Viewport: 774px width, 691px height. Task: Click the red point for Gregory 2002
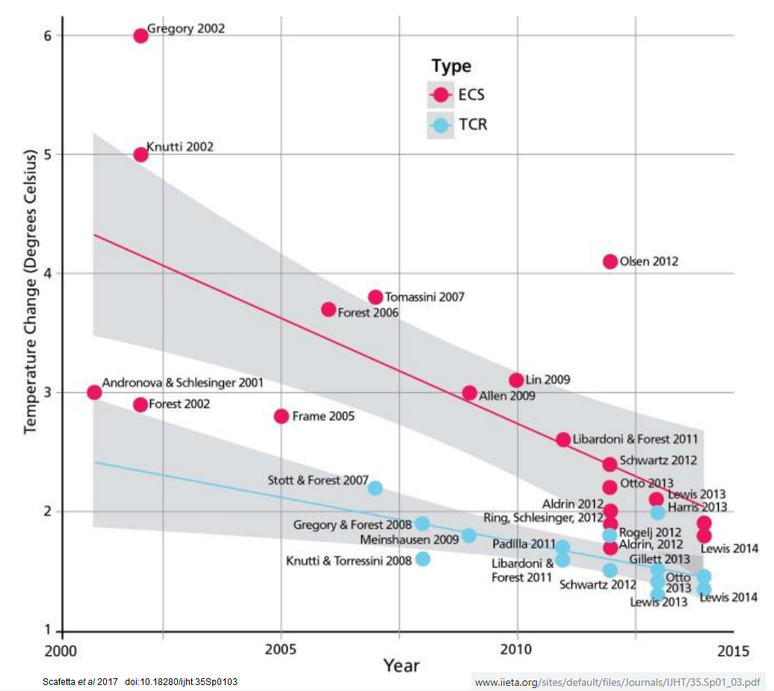click(140, 36)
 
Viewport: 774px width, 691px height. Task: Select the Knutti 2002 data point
click(140, 155)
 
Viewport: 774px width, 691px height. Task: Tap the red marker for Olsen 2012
click(610, 261)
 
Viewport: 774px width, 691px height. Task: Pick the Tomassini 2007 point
click(375, 297)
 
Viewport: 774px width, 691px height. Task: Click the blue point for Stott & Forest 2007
click(375, 488)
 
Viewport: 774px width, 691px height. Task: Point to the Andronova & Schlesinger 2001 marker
click(94, 392)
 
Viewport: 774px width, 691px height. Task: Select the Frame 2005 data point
click(282, 416)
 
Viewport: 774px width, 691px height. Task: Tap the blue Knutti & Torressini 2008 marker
click(422, 559)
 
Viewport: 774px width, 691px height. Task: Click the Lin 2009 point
click(516, 380)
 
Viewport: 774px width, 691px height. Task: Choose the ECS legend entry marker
click(441, 95)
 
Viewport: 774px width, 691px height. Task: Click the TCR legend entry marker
click(441, 126)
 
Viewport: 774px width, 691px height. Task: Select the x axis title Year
click(401, 665)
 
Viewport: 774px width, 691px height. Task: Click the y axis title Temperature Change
click(31, 292)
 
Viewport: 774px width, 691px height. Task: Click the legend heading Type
click(451, 66)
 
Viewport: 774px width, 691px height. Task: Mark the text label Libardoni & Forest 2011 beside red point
click(635, 440)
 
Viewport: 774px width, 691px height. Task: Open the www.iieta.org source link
click(618, 682)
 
